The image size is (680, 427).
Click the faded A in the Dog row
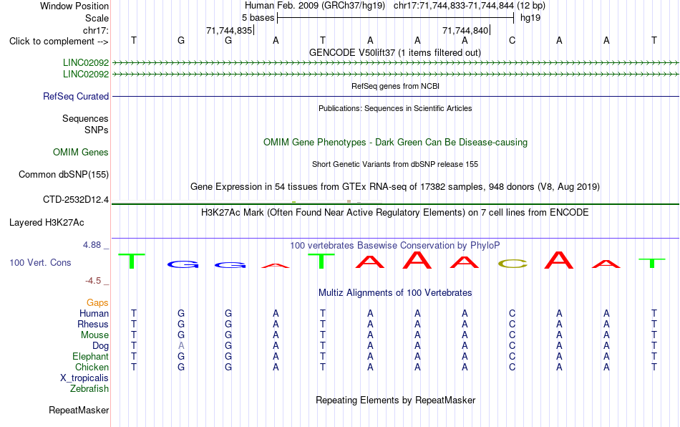coord(181,346)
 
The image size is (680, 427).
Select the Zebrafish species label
coord(89,389)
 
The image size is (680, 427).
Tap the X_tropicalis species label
coord(84,378)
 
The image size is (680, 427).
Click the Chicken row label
coord(92,367)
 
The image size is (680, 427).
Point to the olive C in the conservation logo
coord(513,264)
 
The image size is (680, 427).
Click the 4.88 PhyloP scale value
coord(92,245)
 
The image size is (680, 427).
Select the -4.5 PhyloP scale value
coord(93,281)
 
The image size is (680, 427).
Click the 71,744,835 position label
coord(229,30)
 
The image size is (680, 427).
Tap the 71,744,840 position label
coord(465,30)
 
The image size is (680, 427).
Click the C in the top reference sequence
coord(513,41)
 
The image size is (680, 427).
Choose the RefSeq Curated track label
coord(76,96)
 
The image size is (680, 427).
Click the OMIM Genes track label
coord(81,153)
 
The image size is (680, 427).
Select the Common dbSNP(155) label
coord(64,174)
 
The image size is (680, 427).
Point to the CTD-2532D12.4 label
coord(76,200)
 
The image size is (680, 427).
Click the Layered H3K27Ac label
coord(47,223)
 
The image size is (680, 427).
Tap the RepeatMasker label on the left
coord(79,410)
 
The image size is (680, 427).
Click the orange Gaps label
coord(97,303)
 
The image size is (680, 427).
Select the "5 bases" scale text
coord(258,18)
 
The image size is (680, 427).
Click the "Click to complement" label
coord(59,42)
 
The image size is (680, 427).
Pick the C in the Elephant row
coord(513,357)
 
